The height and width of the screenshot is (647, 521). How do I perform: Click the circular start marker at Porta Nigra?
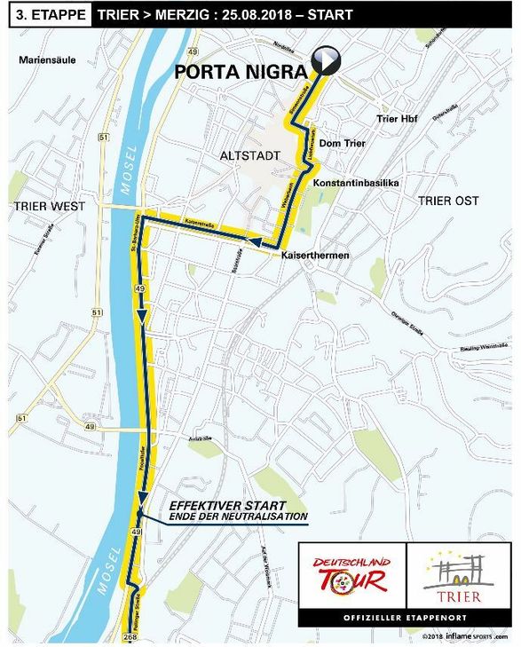pyautogui.click(x=328, y=59)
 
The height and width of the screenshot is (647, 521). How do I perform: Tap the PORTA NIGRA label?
pyautogui.click(x=241, y=71)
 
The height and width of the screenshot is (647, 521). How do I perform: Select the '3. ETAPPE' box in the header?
pyautogui.click(x=46, y=15)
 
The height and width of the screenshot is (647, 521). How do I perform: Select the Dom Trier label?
pyautogui.click(x=343, y=143)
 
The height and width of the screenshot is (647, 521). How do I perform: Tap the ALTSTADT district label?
pyautogui.click(x=249, y=155)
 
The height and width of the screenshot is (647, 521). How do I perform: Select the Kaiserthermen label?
pyautogui.click(x=312, y=256)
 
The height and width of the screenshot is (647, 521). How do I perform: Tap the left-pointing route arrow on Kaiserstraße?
pyautogui.click(x=257, y=242)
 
